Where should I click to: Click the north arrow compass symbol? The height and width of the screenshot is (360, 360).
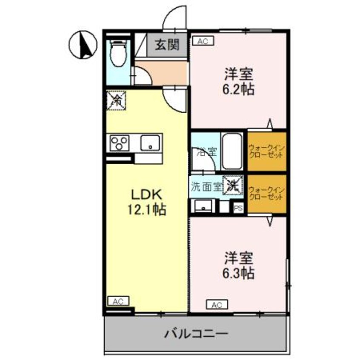[85, 45]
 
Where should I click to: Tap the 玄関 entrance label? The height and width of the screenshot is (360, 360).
[167, 45]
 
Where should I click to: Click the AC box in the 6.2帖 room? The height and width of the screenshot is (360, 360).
[203, 41]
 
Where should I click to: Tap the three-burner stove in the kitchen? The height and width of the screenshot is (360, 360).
[120, 143]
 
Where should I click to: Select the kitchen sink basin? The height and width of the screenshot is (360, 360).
[151, 142]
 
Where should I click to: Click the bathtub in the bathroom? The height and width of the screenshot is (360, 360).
[232, 151]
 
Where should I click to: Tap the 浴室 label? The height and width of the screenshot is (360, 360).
[206, 151]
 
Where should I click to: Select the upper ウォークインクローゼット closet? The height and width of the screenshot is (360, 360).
[266, 151]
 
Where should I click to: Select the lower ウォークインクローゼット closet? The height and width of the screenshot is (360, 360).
[266, 194]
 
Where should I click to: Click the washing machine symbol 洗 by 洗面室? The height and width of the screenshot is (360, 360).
[233, 186]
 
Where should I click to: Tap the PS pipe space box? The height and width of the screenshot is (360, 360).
[238, 209]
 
